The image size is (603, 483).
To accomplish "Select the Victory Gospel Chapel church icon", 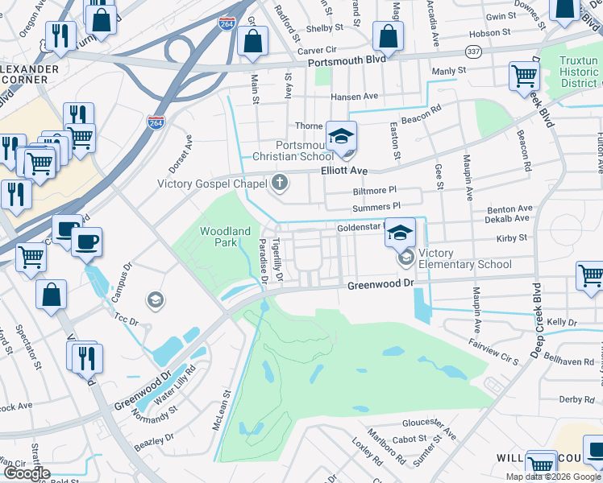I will pyautogui.click(x=280, y=183).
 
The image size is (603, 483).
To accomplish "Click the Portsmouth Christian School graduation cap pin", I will pyautogui.click(x=342, y=135).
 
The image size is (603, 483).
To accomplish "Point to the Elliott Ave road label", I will pyautogui.click(x=344, y=171).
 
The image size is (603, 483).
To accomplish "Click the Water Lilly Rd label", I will pyautogui.click(x=175, y=385).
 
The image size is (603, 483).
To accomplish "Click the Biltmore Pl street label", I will pyautogui.click(x=375, y=191).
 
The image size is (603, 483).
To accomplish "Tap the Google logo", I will pyautogui.click(x=27, y=473).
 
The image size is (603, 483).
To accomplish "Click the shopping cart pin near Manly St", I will pyautogui.click(x=525, y=76).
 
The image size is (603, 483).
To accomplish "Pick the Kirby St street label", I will pyautogui.click(x=512, y=238).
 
